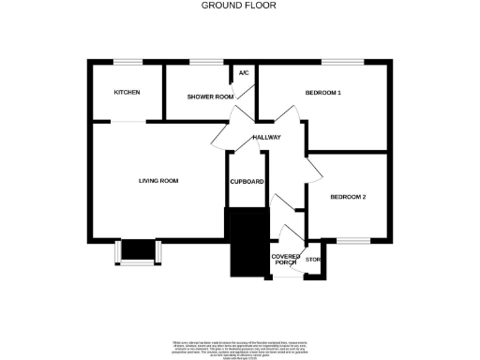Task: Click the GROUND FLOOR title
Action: click(x=240, y=5)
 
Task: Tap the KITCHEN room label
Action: click(x=127, y=93)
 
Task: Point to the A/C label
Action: click(x=244, y=73)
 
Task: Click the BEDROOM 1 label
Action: click(x=322, y=93)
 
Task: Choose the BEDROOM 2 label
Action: click(x=347, y=197)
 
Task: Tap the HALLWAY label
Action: click(x=266, y=138)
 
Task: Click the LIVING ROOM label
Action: click(x=158, y=180)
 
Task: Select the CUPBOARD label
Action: click(x=247, y=181)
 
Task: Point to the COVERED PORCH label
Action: click(x=285, y=259)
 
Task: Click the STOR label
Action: click(x=313, y=259)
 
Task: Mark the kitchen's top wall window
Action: click(x=127, y=63)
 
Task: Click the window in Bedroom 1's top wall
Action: click(x=336, y=63)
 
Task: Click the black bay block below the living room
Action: click(x=138, y=249)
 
